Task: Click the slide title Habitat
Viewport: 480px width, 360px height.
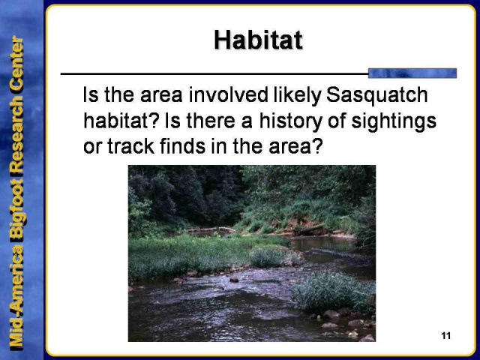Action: [x=258, y=40]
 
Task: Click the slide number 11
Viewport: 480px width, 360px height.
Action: [x=446, y=335]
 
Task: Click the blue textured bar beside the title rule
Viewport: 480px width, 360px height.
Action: [x=412, y=73]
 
